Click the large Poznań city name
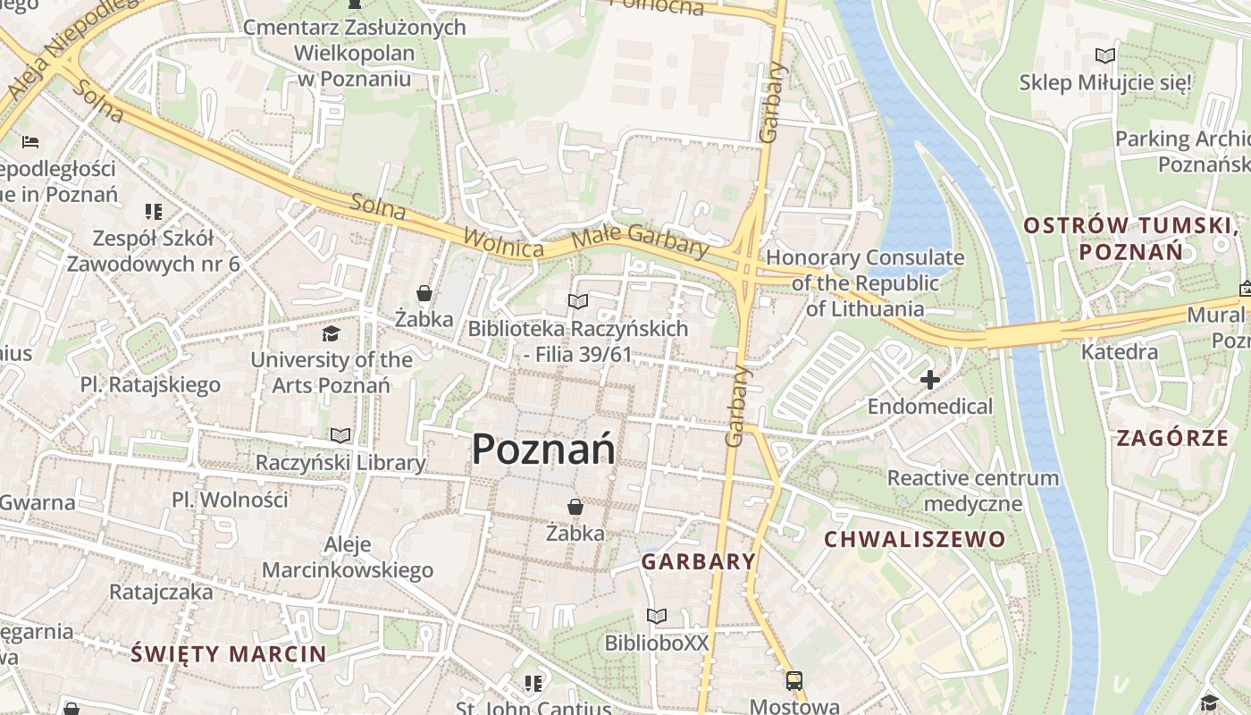543,449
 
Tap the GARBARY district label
699,561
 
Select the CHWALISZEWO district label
914,539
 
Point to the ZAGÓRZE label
1172,438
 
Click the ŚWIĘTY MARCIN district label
229,653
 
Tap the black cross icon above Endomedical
930,380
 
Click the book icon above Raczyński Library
340,436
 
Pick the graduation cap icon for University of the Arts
332,334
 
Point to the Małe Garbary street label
640,241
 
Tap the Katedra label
1120,351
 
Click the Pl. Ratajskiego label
150,385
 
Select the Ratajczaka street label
161,592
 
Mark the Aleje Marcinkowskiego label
348,558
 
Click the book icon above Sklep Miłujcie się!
1105,56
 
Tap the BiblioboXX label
657,643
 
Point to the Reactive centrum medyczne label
972,491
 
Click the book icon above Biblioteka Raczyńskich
578,302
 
